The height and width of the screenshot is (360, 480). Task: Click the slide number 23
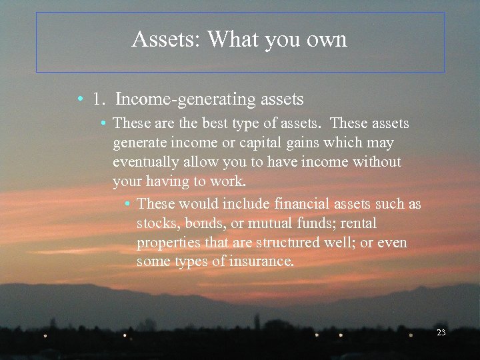tap(441, 332)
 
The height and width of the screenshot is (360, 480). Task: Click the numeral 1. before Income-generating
tap(100, 99)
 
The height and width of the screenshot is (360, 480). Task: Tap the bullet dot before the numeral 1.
tap(79, 100)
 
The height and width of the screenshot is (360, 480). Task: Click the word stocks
tap(157, 223)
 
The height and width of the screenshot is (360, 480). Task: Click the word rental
tap(358, 223)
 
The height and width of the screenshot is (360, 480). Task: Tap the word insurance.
tap(262, 261)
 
